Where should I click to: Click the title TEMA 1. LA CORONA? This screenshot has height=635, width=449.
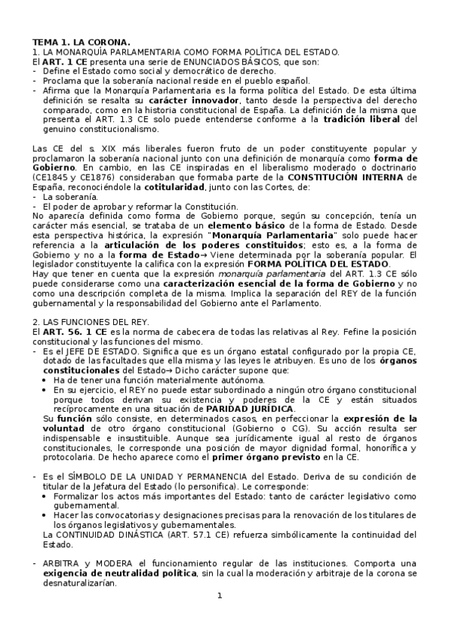[80, 41]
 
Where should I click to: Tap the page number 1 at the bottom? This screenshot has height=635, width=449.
[220, 596]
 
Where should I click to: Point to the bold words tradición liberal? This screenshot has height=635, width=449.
[363, 118]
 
